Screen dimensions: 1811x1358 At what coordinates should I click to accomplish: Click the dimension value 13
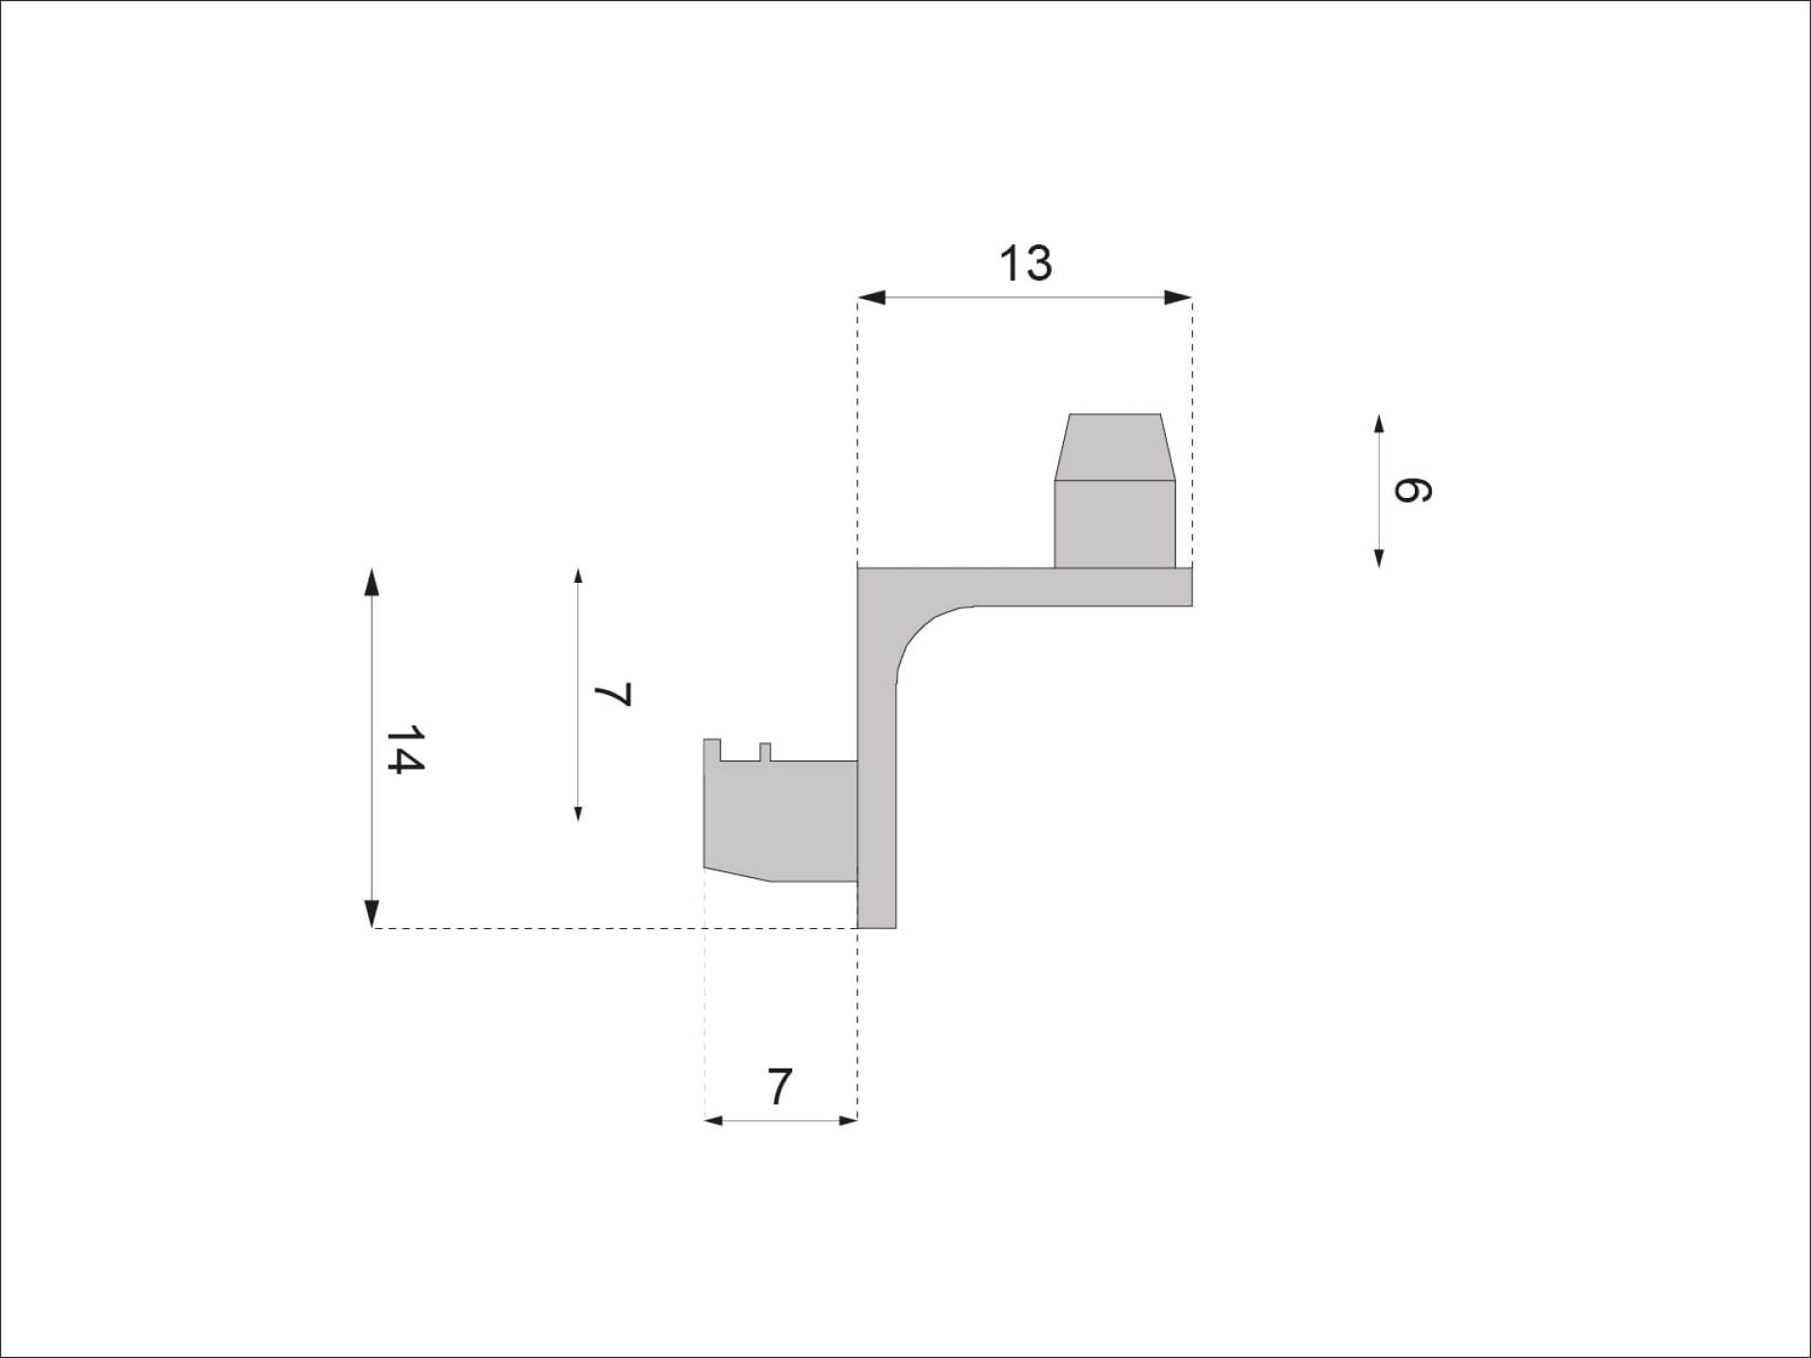pyautogui.click(x=1025, y=264)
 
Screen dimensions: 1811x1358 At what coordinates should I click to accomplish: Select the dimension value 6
pyautogui.click(x=1411, y=490)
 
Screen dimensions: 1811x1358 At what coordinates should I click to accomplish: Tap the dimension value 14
pyautogui.click(x=405, y=750)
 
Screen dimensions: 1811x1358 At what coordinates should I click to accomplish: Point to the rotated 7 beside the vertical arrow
pyautogui.click(x=612, y=695)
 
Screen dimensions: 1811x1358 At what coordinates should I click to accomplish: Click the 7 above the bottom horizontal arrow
pyautogui.click(x=779, y=1087)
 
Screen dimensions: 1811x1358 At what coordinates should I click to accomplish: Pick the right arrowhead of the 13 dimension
pyautogui.click(x=1178, y=298)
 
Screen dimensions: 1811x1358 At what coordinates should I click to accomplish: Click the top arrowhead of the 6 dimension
pyautogui.click(x=1379, y=423)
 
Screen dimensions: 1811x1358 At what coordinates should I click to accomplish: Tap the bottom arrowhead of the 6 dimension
pyautogui.click(x=1379, y=558)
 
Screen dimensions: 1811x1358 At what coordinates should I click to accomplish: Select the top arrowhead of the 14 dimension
pyautogui.click(x=372, y=582)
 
